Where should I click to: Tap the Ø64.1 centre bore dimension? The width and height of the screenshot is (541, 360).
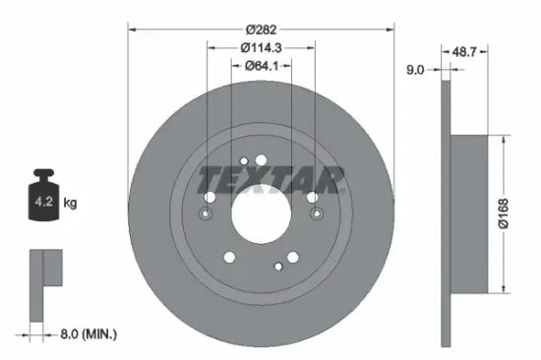pos(260,67)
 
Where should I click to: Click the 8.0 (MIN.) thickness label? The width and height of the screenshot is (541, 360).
pos(87,334)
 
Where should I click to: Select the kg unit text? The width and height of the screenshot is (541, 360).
pos(70,204)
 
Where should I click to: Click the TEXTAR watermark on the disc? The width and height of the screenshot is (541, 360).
pos(270,180)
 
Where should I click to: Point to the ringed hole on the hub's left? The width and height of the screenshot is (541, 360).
pos(207,213)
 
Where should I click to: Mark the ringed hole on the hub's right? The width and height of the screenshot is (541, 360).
pos(314,213)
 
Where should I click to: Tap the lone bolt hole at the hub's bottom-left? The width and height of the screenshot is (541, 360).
pos(228,259)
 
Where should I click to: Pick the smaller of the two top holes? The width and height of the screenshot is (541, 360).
pos(244,160)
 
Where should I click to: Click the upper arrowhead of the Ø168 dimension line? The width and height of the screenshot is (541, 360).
pos(504,140)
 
